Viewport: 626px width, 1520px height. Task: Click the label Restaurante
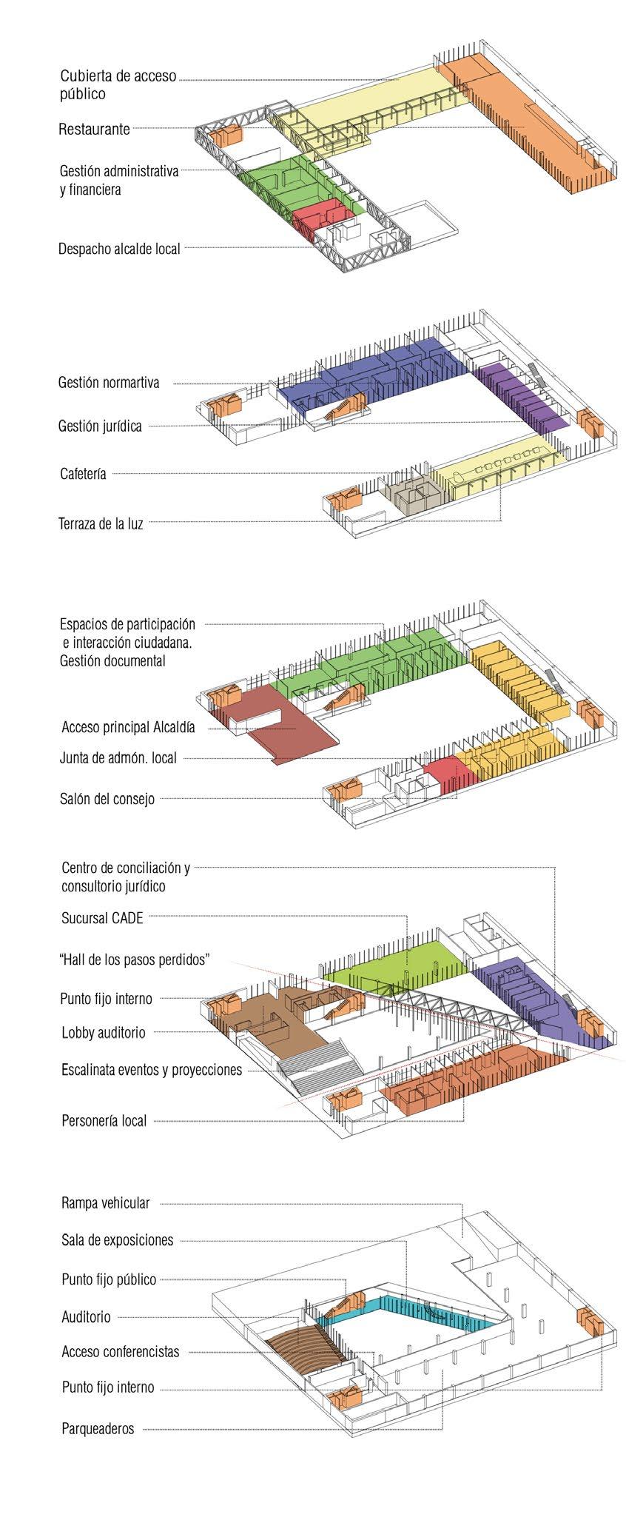pyautogui.click(x=94, y=129)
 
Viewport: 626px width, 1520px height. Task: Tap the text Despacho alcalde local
pyautogui.click(x=119, y=249)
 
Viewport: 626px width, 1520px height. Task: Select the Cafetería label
pyautogui.click(x=83, y=474)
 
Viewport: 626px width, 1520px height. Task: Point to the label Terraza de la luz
pyautogui.click(x=101, y=523)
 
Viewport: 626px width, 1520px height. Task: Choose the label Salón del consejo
pyautogui.click(x=107, y=799)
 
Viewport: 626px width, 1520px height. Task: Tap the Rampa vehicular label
pyautogui.click(x=106, y=1203)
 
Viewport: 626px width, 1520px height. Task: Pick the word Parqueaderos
pyautogui.click(x=98, y=1429)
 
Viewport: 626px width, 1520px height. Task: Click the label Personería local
pyautogui.click(x=104, y=1121)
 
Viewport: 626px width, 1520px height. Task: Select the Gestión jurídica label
pyautogui.click(x=100, y=426)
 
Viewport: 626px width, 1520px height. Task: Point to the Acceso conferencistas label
pyautogui.click(x=121, y=1351)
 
